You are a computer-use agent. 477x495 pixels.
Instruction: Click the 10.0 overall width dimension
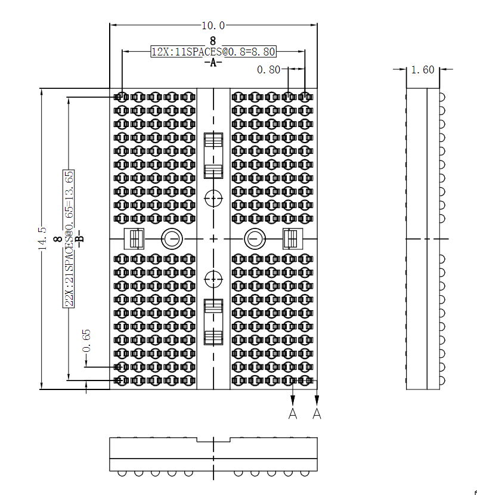[213, 26]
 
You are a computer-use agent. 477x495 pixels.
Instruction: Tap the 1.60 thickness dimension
[423, 70]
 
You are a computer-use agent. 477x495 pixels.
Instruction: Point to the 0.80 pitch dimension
[268, 70]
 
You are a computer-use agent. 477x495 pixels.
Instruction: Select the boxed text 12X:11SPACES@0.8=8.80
[213, 52]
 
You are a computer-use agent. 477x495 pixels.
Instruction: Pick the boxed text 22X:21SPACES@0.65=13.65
[69, 239]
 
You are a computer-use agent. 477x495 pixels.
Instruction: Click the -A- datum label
[213, 63]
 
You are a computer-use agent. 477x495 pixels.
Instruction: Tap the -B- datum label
[80, 239]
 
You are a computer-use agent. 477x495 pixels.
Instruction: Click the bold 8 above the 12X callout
[213, 42]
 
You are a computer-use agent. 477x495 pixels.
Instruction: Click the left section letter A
[293, 413]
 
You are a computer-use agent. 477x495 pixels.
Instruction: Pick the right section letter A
[317, 413]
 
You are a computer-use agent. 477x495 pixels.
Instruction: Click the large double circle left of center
[171, 239]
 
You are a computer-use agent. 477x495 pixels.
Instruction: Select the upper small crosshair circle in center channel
[213, 197]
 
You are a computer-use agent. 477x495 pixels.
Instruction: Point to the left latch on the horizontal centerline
[134, 239]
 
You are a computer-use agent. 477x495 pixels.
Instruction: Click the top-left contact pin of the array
[121, 97]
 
